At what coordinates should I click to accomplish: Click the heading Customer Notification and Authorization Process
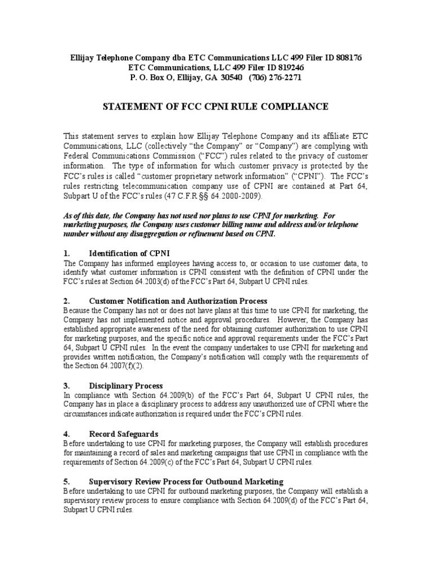point(178,301)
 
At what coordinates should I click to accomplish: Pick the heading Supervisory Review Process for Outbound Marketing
point(186,482)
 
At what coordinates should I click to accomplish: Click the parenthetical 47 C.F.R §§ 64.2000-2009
point(216,196)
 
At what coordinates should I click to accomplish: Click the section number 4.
point(66,434)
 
